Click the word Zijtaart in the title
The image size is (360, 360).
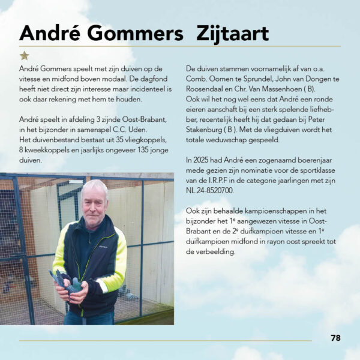[x=232, y=33]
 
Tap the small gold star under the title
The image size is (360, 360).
[x=24, y=56]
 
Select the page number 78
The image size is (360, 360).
[x=335, y=338]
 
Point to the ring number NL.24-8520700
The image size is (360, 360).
[x=212, y=190]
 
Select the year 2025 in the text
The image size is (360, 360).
[x=202, y=160]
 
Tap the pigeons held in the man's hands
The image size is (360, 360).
[x=67, y=280]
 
